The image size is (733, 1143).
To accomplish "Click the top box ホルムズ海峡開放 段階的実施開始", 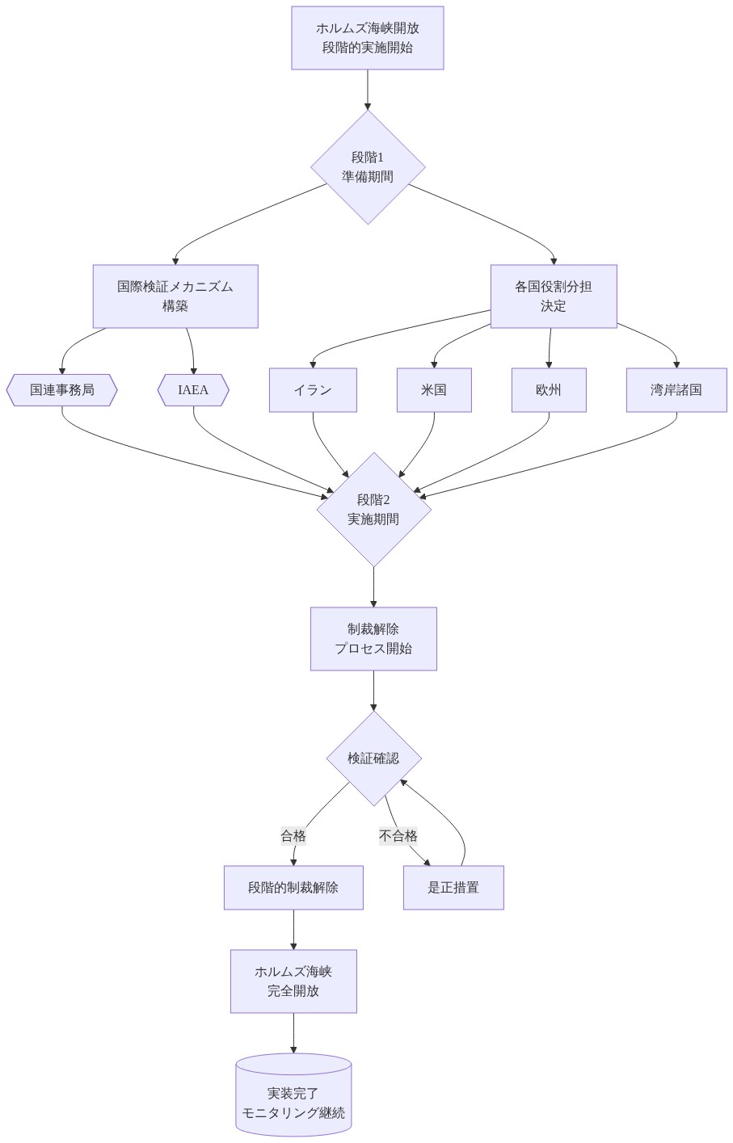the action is (x=367, y=38).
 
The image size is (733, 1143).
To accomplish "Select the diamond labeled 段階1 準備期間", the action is (x=368, y=167).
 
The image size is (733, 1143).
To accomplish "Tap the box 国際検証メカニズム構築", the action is (x=175, y=296).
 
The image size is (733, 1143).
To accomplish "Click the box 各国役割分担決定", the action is (x=554, y=296).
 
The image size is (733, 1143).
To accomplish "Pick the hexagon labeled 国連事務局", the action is (x=61, y=390).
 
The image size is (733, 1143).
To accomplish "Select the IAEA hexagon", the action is (x=193, y=390).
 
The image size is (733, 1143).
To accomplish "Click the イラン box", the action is (x=313, y=390).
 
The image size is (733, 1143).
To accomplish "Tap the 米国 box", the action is (x=434, y=390).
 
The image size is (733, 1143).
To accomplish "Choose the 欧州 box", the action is (x=549, y=390).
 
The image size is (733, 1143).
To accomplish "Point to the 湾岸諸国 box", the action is (x=676, y=390).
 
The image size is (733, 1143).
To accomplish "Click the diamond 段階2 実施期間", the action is (x=373, y=509).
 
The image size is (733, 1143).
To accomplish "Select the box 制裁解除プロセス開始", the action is (x=373, y=638).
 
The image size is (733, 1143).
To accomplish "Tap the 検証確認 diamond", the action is (x=373, y=758).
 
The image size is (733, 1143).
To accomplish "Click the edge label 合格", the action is (x=293, y=836).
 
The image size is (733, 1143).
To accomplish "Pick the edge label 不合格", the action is (x=398, y=836).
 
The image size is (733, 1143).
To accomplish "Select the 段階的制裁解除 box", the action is (x=293, y=888).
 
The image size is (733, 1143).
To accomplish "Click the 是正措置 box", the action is (x=453, y=888).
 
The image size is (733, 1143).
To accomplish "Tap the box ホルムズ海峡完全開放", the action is (x=293, y=981).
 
